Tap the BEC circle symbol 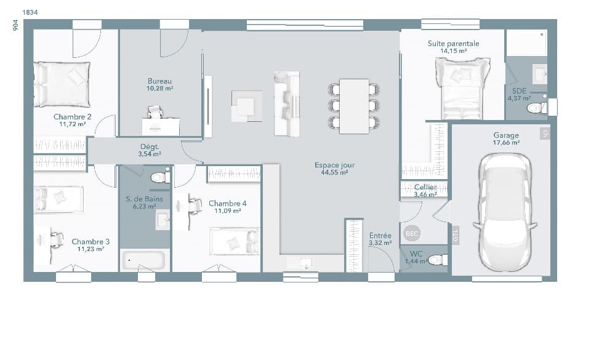click(x=411, y=234)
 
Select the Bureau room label click(x=159, y=81)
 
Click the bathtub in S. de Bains click(x=143, y=260)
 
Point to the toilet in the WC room click(x=438, y=260)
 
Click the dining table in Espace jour click(x=354, y=105)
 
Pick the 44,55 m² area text click(x=334, y=173)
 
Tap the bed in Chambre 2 click(x=62, y=84)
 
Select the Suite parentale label click(x=453, y=44)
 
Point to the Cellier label click(x=425, y=186)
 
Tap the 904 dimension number click(x=15, y=25)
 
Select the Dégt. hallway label click(x=150, y=146)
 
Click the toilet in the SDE click(x=536, y=108)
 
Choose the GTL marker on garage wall click(x=456, y=236)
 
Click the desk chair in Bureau click(x=154, y=112)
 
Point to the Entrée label click(x=380, y=236)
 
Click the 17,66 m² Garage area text click(x=506, y=143)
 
